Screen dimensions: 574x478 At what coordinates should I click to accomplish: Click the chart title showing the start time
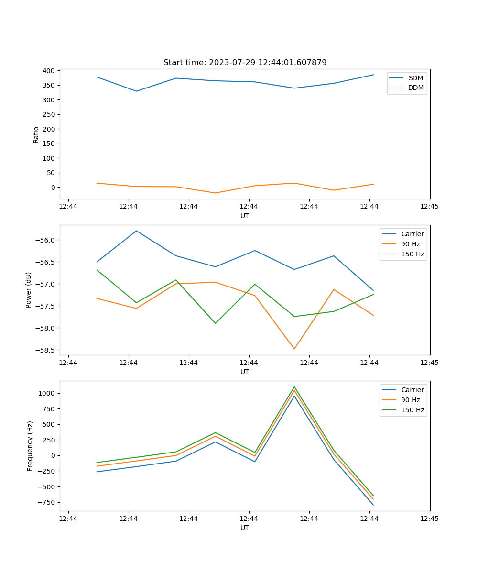coord(245,63)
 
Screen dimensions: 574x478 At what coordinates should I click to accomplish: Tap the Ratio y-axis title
coord(36,134)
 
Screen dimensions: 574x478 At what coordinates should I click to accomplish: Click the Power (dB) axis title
coord(29,290)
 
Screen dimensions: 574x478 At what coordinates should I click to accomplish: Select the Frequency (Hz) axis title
coord(30,446)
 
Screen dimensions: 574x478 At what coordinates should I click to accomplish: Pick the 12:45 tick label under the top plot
coord(429,207)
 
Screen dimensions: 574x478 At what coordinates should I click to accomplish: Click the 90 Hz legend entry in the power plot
coord(410,244)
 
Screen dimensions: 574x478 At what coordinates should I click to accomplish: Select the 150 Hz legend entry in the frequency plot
coord(413,410)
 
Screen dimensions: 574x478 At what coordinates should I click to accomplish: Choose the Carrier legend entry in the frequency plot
coord(412,390)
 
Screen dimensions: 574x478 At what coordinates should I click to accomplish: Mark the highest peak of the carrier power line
coord(137,231)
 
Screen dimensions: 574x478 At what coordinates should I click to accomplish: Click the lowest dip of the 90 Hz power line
coord(294,349)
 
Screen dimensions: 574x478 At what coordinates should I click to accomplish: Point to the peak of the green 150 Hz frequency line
coord(294,387)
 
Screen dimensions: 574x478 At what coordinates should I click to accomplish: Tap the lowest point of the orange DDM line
coord(215,193)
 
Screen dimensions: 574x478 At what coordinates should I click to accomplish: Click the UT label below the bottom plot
coord(245,528)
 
